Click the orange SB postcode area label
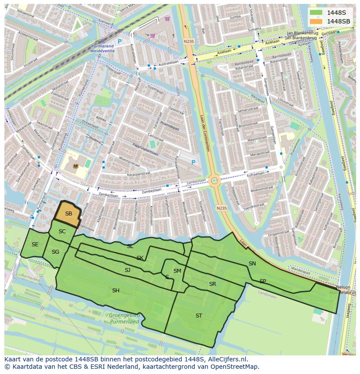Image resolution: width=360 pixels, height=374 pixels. (x=69, y=214)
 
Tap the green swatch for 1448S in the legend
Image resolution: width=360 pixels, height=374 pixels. (x=316, y=12)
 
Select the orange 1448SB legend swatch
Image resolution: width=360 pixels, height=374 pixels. (x=316, y=21)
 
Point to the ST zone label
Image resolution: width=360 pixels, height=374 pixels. (x=199, y=316)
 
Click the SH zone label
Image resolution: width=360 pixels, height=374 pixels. (x=116, y=291)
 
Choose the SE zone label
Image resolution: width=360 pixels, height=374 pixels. (x=35, y=245)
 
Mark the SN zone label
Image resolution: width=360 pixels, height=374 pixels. (x=252, y=264)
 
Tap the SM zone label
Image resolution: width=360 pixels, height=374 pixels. (x=177, y=271)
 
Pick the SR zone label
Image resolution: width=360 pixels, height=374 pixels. (x=212, y=284)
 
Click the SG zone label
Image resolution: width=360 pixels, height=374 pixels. (x=55, y=252)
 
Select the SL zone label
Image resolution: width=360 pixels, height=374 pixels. (x=130, y=246)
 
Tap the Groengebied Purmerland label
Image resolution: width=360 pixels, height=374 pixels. (x=124, y=318)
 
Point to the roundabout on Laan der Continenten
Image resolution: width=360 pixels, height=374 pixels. (x=214, y=181)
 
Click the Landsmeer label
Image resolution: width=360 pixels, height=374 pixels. (x=267, y=293)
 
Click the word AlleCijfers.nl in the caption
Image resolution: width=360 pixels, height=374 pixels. (x=226, y=360)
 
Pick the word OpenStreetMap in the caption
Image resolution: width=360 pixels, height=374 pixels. (x=237, y=367)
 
